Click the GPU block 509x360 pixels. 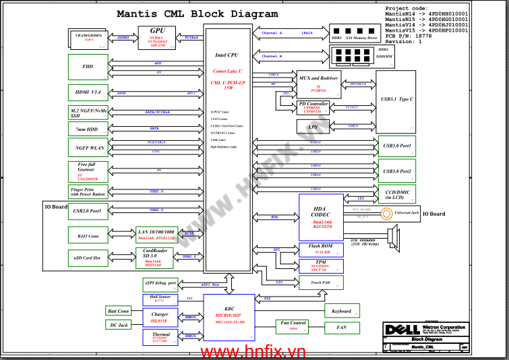[x=157, y=38]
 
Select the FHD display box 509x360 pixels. [x=88, y=67]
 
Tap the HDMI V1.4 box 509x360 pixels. [x=88, y=92]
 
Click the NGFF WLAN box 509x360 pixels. [x=88, y=147]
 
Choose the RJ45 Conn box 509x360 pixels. [x=88, y=235]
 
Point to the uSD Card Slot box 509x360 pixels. [x=88, y=258]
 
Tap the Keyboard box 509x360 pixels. [x=342, y=311]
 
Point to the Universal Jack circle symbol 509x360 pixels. [x=386, y=214]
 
